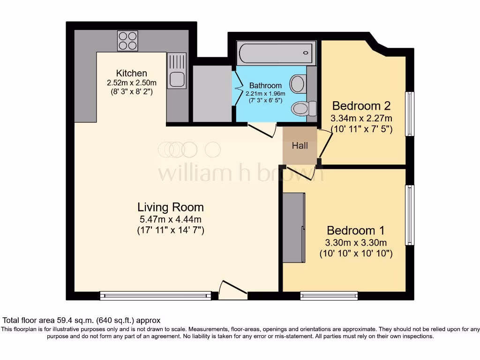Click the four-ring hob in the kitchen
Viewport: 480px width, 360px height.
(x=127, y=41)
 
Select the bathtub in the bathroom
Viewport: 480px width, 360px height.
(x=275, y=52)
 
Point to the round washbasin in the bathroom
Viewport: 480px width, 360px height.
(x=297, y=84)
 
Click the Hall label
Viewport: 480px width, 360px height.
(x=300, y=146)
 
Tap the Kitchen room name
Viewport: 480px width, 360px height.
(x=132, y=73)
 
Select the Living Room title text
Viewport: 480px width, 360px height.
(x=171, y=207)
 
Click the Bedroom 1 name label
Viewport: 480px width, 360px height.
(x=356, y=231)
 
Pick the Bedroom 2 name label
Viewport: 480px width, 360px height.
(x=361, y=105)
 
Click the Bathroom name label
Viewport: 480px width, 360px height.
(x=265, y=86)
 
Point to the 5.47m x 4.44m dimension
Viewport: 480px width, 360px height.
(x=171, y=219)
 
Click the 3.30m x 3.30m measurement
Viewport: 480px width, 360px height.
(x=356, y=243)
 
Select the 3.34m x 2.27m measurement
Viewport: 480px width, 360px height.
(x=361, y=118)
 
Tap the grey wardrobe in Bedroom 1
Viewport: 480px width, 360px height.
(x=294, y=228)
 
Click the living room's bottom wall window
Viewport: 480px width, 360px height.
(x=156, y=295)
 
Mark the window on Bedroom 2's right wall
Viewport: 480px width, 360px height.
(x=410, y=114)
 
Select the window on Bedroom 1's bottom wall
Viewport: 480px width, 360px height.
(x=329, y=295)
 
